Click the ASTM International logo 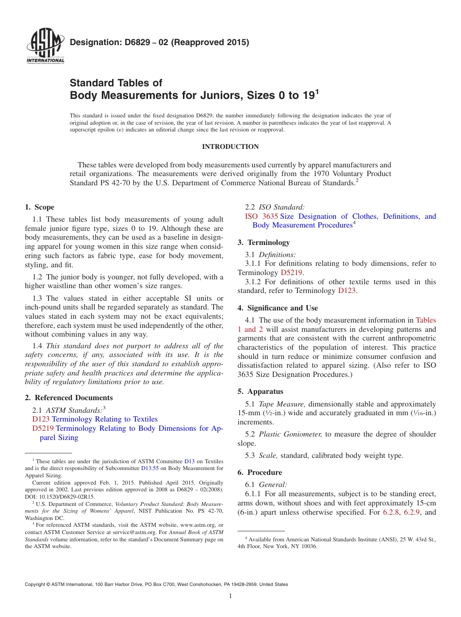[45, 46]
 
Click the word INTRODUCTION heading [230, 146]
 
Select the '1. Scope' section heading [40, 207]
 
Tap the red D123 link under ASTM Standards [41, 419]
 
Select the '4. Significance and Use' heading [278, 308]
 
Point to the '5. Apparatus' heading [260, 391]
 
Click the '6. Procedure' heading [260, 472]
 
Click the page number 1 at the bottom [230, 596]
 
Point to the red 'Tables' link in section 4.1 [426, 320]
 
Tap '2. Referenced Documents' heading [69, 398]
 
